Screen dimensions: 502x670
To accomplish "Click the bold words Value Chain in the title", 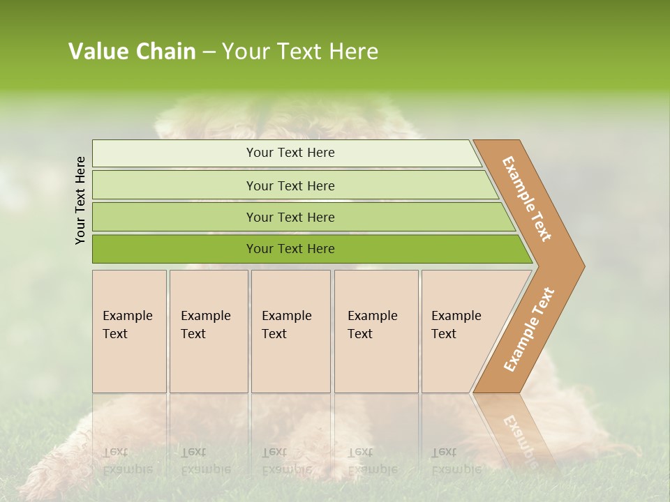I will [132, 52].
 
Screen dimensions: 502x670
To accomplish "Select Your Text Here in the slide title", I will [300, 52].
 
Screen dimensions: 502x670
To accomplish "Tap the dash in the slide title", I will [209, 52].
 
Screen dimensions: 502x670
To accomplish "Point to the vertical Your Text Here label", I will [80, 200].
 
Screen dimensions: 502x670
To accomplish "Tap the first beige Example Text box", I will [129, 331].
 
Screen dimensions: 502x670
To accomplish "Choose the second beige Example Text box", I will [208, 331].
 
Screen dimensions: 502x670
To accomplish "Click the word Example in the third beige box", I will [286, 316].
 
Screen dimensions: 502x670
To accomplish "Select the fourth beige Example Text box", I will [375, 331].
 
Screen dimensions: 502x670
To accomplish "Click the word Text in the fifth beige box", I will [443, 334].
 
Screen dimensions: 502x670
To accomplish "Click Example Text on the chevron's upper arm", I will [527, 199].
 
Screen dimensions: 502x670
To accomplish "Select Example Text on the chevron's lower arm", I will [529, 329].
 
